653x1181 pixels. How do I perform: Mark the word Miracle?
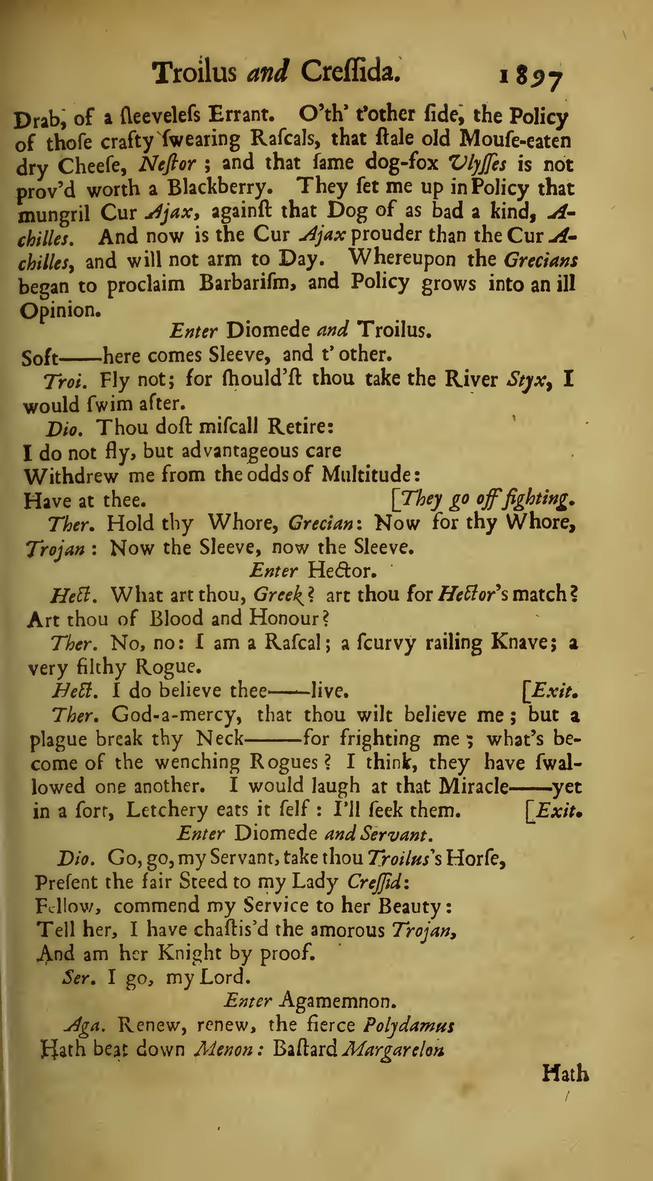pos(473,786)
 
